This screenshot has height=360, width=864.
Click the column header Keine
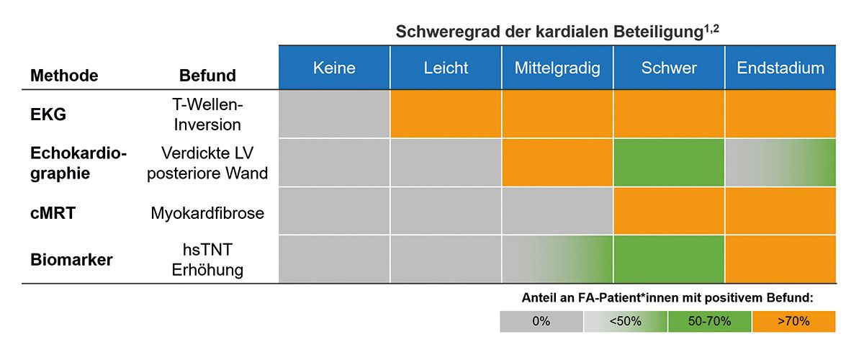point(334,68)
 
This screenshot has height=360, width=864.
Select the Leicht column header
point(446,68)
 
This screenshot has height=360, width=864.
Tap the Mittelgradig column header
point(557,68)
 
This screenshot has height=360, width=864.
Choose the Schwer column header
point(669,68)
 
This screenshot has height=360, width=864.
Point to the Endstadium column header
point(780,68)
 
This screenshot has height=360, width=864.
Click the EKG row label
point(48,114)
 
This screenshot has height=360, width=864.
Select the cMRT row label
point(52,213)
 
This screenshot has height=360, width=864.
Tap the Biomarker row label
point(71,259)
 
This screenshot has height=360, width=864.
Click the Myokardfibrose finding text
point(207,213)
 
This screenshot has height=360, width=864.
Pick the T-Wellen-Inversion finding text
point(207,114)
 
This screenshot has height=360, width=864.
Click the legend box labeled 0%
point(541,322)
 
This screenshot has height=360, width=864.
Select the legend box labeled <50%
point(625,322)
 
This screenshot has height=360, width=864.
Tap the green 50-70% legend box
point(709,322)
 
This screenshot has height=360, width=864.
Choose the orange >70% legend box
point(793,322)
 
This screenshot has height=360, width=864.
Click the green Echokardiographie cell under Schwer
point(669,163)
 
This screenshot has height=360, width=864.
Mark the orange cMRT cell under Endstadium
point(780,211)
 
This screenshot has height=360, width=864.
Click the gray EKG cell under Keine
point(334,114)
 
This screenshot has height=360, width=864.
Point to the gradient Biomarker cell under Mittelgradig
point(557,259)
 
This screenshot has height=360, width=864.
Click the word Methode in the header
point(64,76)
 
